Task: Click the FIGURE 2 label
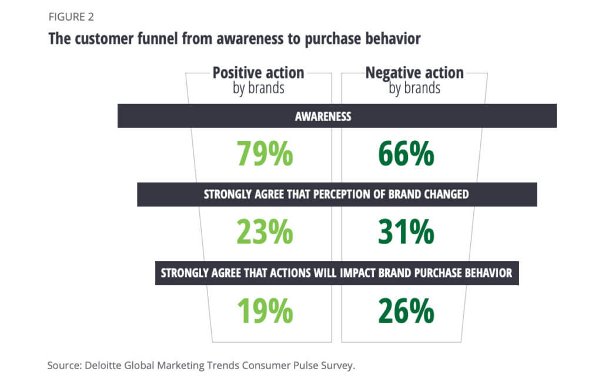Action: (x=71, y=16)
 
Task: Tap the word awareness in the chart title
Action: (x=252, y=39)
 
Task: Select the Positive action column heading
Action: (x=258, y=73)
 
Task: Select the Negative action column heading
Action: (x=414, y=73)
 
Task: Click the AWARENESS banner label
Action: (x=323, y=116)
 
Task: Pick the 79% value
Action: (x=265, y=154)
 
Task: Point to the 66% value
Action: (x=406, y=154)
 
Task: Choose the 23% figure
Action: (x=265, y=232)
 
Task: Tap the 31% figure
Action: (x=406, y=232)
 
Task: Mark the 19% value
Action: (x=265, y=311)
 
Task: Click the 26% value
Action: (x=406, y=311)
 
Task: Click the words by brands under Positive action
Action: (x=258, y=89)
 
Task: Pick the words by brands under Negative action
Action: (x=414, y=89)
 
